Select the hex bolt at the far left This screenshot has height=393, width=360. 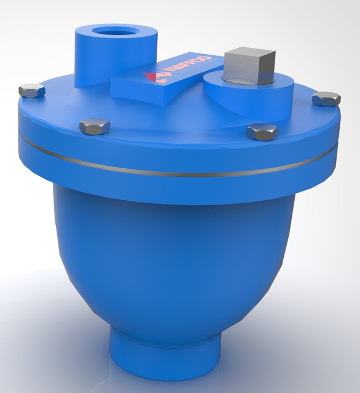(x=31, y=91)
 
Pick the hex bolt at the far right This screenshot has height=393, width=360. (x=326, y=98)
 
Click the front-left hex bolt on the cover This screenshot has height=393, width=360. (x=95, y=126)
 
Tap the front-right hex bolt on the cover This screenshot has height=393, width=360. (x=262, y=131)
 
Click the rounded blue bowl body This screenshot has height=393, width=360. (x=178, y=264)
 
